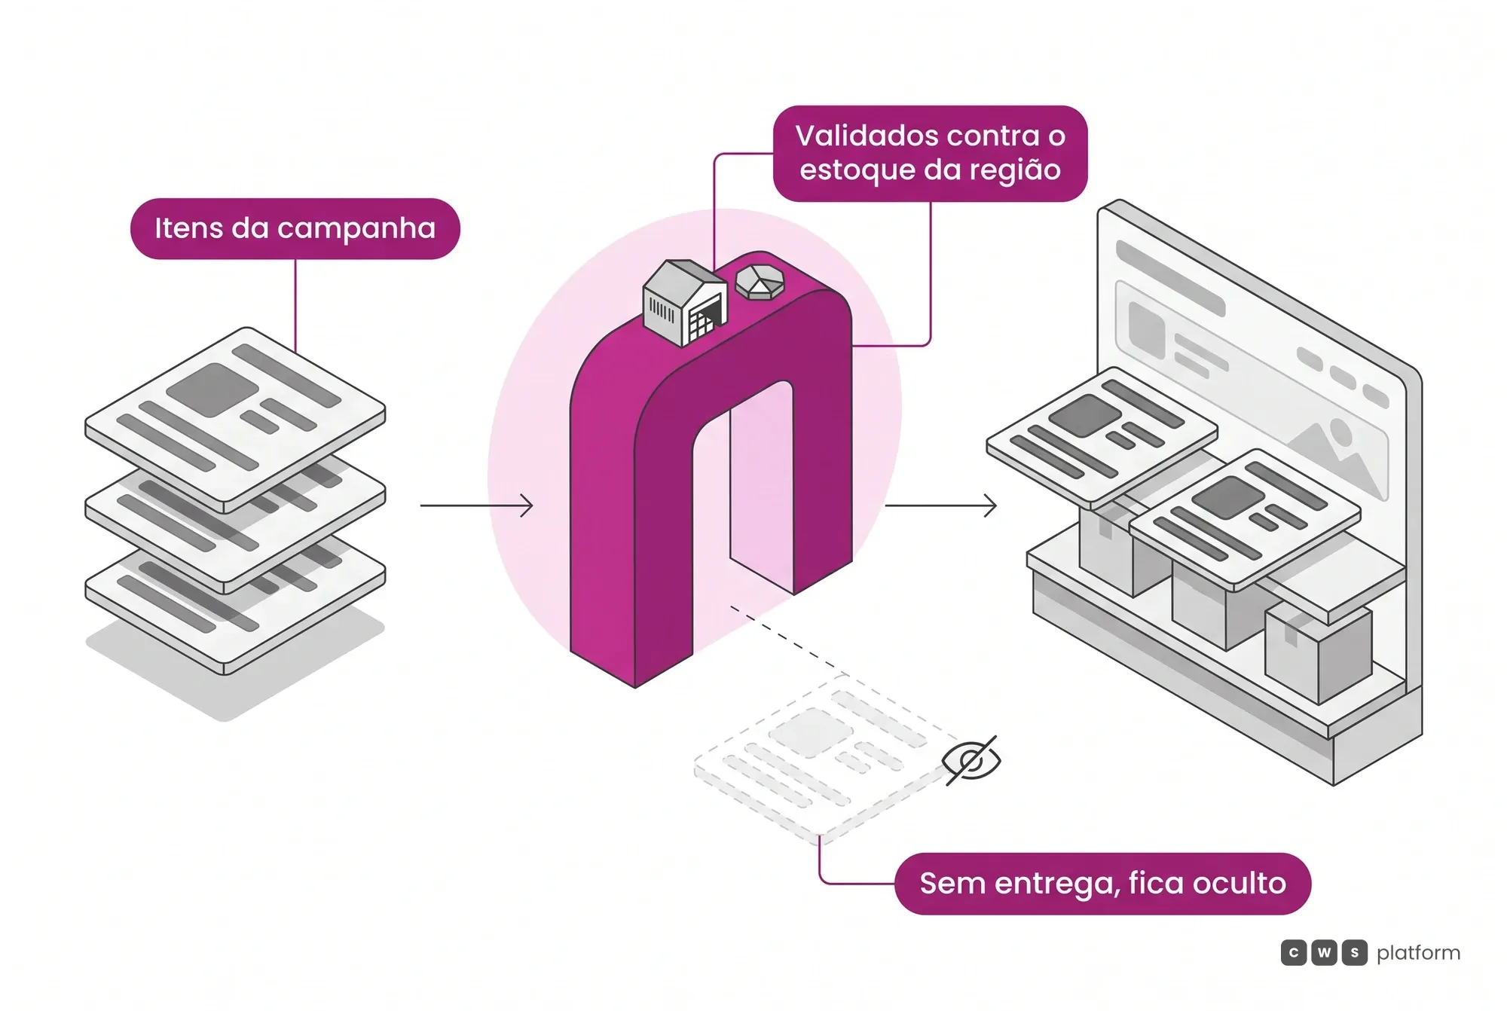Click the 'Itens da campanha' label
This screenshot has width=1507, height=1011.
tap(295, 228)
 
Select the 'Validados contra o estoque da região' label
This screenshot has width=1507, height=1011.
tap(930, 154)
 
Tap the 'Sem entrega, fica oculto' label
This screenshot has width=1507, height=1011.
tap(1102, 884)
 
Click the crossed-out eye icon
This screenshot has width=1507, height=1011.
tap(972, 760)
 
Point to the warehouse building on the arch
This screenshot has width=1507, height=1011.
tap(685, 303)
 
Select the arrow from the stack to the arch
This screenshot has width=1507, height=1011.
tap(476, 505)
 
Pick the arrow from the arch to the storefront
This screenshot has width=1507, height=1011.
tap(940, 505)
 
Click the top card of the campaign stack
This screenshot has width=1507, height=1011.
tap(235, 419)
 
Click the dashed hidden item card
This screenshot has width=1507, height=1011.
tap(829, 757)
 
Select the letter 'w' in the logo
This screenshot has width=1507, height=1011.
tap(1324, 953)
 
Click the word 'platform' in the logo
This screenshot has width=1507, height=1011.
tap(1418, 954)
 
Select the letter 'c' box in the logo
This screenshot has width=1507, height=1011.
tap(1294, 953)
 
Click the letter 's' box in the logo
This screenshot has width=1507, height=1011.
tap(1354, 953)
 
